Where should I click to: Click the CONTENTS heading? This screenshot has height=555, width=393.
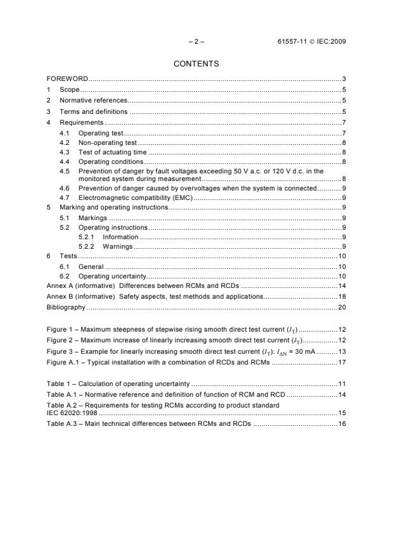pyautogui.click(x=196, y=64)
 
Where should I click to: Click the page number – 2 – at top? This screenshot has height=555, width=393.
pyautogui.click(x=196, y=42)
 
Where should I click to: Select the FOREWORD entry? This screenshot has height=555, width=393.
pyautogui.click(x=67, y=79)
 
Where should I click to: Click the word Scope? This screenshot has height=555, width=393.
pyautogui.click(x=70, y=90)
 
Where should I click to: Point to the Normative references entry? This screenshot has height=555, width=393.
pyautogui.click(x=93, y=101)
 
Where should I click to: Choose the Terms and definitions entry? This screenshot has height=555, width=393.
pyautogui.click(x=93, y=112)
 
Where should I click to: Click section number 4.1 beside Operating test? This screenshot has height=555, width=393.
pyautogui.click(x=64, y=134)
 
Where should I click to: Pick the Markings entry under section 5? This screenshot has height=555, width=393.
pyautogui.click(x=93, y=218)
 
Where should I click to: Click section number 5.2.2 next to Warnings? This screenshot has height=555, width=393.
pyautogui.click(x=87, y=246)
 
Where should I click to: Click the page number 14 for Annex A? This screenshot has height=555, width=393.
pyautogui.click(x=341, y=286)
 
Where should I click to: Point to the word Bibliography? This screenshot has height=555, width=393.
pyautogui.click(x=66, y=308)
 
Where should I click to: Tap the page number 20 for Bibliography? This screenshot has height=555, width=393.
pyautogui.click(x=341, y=308)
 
